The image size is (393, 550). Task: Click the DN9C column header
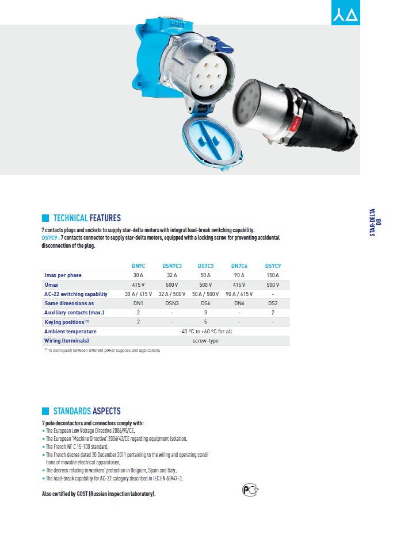pyautogui.click(x=138, y=266)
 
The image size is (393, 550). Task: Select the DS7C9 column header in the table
pyautogui.click(x=272, y=266)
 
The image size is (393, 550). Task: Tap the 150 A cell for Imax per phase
pyautogui.click(x=272, y=275)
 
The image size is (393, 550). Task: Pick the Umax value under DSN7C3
pyautogui.click(x=171, y=284)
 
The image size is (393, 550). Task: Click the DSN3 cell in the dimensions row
pyautogui.click(x=171, y=303)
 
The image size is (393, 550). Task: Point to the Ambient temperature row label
pyautogui.click(x=70, y=332)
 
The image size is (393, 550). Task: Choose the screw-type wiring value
pyautogui.click(x=205, y=341)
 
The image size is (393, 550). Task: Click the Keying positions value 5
pyautogui.click(x=205, y=322)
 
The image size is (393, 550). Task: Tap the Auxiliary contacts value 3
pyautogui.click(x=205, y=313)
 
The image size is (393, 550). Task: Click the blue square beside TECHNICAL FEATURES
pyautogui.click(x=46, y=218)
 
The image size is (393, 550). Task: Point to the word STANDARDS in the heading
pyautogui.click(x=72, y=411)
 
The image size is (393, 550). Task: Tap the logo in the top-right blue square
pyautogui.click(x=346, y=13)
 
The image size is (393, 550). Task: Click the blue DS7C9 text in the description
pyautogui.click(x=50, y=237)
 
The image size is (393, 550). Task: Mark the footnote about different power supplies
pyautogui.click(x=104, y=350)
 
